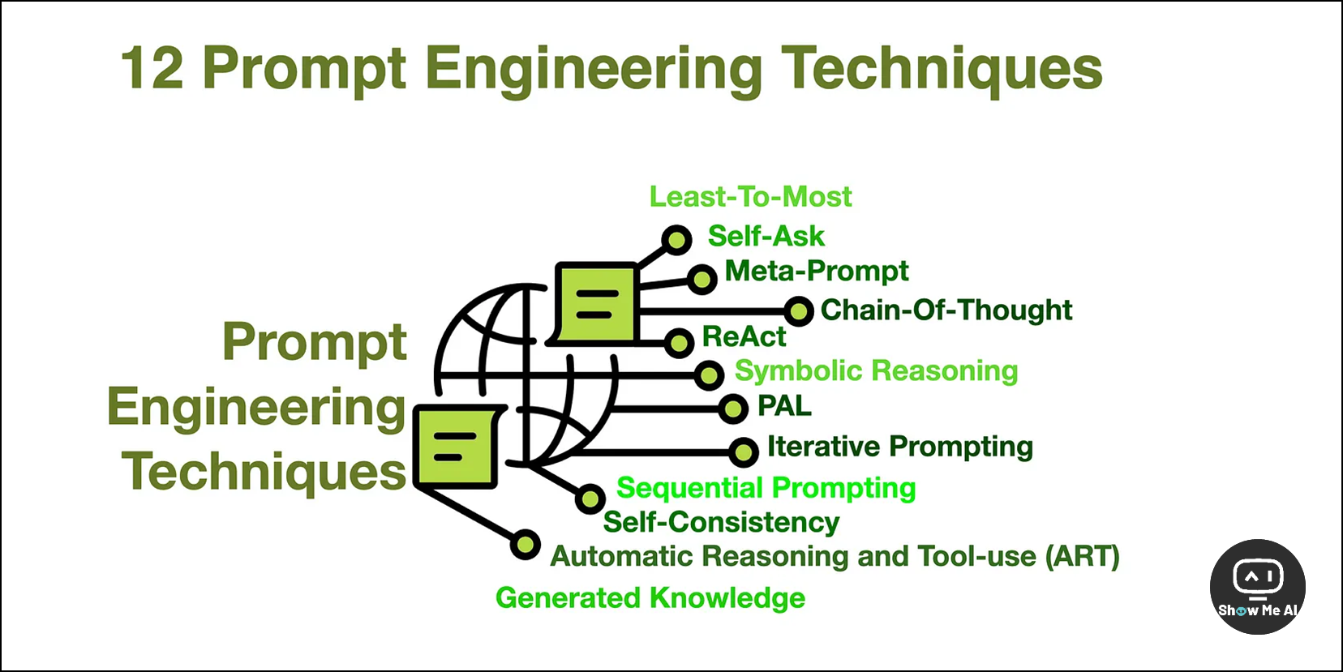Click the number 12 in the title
pyautogui.click(x=152, y=69)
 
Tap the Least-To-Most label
pyautogui.click(x=750, y=197)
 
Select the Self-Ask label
pyautogui.click(x=766, y=237)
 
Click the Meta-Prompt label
pyautogui.click(x=816, y=271)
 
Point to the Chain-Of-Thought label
pyautogui.click(x=946, y=310)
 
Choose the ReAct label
pyautogui.click(x=744, y=336)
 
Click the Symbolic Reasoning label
pyautogui.click(x=876, y=371)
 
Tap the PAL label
pyautogui.click(x=783, y=405)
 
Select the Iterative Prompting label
pyautogui.click(x=899, y=447)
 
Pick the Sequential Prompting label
pyautogui.click(x=766, y=488)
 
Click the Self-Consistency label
pyautogui.click(x=721, y=522)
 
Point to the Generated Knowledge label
pyautogui.click(x=650, y=598)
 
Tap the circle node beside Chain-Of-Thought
pyautogui.click(x=799, y=310)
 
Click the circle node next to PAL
pyautogui.click(x=733, y=409)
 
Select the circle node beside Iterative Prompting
pyautogui.click(x=743, y=452)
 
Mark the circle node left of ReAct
pyautogui.click(x=679, y=342)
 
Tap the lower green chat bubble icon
pyautogui.click(x=456, y=447)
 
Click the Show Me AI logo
pyautogui.click(x=1257, y=586)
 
